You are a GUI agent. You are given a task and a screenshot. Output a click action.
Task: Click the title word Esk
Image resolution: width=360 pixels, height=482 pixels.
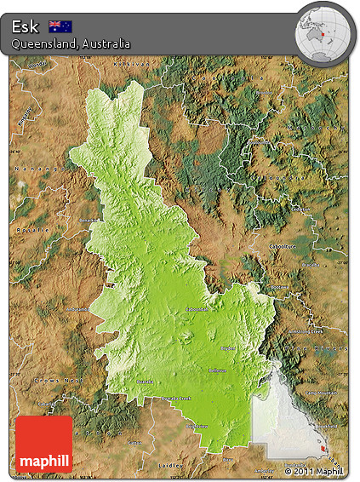click(x=26, y=26)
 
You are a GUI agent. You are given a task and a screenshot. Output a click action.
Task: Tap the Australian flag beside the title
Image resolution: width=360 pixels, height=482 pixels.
click(x=60, y=26)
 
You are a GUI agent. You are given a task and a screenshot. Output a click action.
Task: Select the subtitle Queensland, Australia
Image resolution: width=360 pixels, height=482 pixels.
click(x=71, y=43)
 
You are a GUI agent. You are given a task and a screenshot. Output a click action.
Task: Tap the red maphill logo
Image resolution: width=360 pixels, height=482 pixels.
click(x=44, y=444)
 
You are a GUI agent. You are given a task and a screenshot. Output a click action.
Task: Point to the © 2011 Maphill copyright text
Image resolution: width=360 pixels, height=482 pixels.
click(x=314, y=471)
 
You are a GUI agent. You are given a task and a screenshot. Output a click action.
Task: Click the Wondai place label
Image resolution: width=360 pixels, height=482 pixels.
click(x=36, y=65)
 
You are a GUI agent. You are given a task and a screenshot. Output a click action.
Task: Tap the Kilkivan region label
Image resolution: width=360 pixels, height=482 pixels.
click(x=132, y=64)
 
